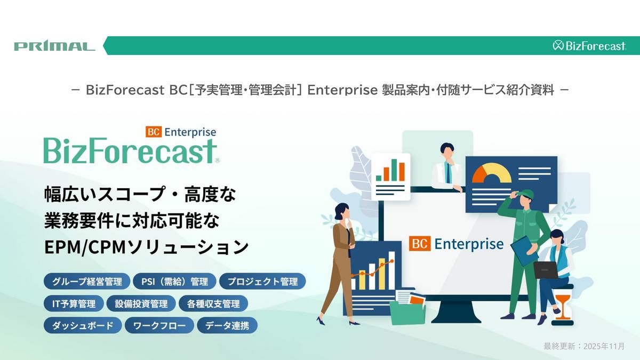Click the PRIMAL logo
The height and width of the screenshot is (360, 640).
coord(54,46)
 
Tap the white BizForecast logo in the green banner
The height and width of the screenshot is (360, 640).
coord(589,46)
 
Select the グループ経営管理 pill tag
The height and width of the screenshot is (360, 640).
coord(87,282)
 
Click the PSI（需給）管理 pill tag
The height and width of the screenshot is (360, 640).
coord(174,282)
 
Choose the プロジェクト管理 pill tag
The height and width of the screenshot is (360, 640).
coord(262,282)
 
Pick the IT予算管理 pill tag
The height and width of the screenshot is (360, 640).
coord(74,303)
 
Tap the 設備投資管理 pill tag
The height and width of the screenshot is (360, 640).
coord(141,303)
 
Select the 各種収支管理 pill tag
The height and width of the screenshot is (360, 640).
coord(213,303)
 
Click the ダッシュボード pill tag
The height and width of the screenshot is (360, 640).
coord(83,325)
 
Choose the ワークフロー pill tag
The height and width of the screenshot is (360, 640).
coord(159,325)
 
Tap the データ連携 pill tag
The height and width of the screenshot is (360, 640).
coord(227,325)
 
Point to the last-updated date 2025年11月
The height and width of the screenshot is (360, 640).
coord(604,346)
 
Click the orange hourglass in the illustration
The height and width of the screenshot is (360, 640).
coord(562,307)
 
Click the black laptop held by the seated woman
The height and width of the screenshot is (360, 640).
coord(546,270)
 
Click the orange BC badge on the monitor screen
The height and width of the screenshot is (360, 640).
coord(419,244)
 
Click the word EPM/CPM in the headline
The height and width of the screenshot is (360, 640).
coord(85,247)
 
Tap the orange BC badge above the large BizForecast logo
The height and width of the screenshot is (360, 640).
coord(154,132)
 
